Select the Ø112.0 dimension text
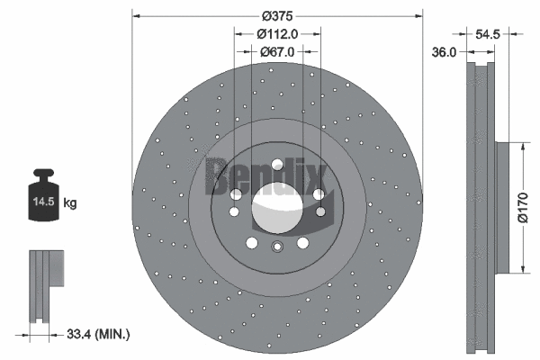point(277,33)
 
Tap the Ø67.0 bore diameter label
point(277,52)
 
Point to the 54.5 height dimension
point(487,33)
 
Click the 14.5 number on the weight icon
point(42,203)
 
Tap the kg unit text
point(70,203)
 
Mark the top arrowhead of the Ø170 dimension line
point(523,143)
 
